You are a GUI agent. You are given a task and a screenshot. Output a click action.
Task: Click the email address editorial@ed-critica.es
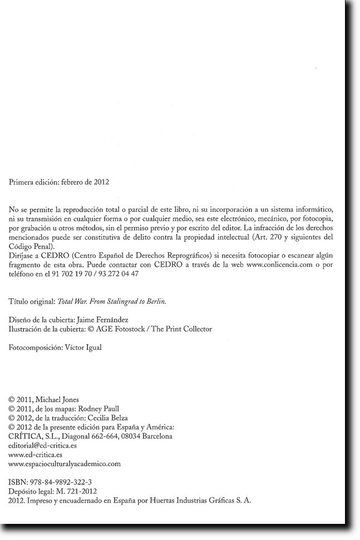[43, 445]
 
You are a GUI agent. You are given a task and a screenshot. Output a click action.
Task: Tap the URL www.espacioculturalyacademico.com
[65, 463]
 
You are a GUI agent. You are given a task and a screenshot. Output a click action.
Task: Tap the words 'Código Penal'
[31, 246]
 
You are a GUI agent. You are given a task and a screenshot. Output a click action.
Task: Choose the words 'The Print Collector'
[181, 329]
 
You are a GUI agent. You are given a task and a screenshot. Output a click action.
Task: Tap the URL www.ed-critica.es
[36, 454]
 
